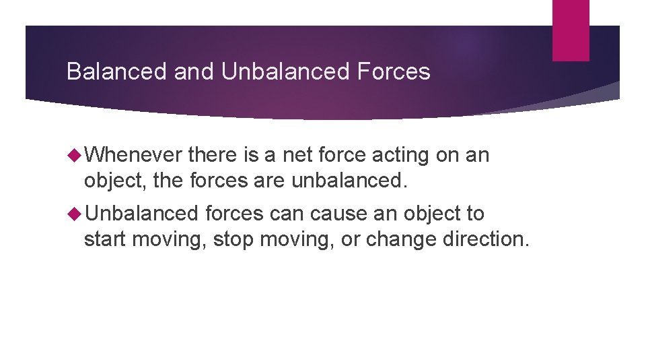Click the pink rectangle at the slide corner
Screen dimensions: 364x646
571,30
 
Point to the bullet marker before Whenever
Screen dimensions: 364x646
74,155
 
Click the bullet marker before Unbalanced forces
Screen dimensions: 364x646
74,214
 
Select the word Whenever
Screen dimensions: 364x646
134,155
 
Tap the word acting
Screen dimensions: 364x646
410,155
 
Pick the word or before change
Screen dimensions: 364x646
351,239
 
